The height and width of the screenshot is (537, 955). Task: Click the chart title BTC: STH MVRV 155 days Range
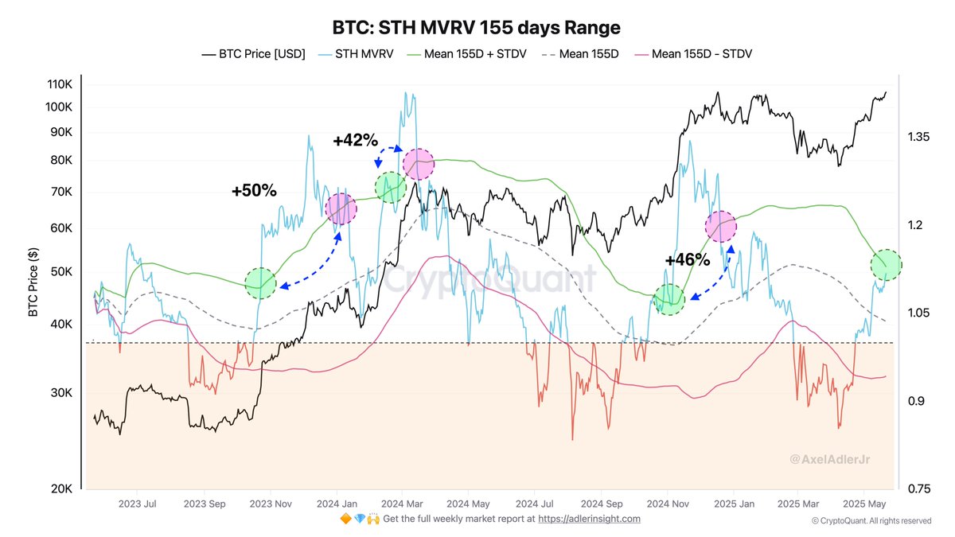(x=476, y=27)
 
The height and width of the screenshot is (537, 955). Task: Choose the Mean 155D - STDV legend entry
(x=692, y=54)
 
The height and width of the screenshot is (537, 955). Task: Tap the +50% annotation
(x=254, y=191)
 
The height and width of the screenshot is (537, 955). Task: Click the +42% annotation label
(x=355, y=140)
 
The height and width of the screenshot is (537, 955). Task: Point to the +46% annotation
(x=687, y=259)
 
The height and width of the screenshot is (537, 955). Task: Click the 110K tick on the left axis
(x=60, y=85)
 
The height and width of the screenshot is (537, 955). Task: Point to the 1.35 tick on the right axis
(x=918, y=138)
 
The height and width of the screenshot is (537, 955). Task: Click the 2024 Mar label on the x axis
(x=403, y=504)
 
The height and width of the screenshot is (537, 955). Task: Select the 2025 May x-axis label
(x=865, y=504)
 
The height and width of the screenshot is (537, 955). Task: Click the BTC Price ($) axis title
(x=33, y=280)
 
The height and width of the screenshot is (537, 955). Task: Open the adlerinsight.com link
(x=589, y=519)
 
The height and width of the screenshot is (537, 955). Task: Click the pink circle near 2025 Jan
(x=721, y=227)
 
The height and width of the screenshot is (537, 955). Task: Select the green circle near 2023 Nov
(x=260, y=283)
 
